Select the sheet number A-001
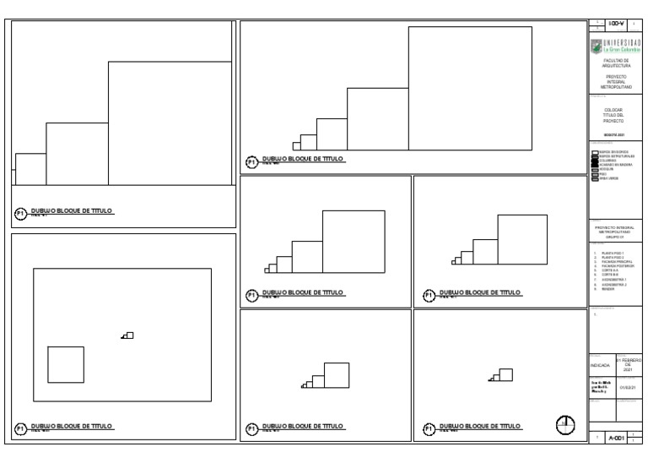618,439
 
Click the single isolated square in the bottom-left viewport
65,363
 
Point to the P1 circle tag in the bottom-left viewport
20,428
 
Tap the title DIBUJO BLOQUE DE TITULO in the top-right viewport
303,158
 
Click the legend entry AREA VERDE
610,176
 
